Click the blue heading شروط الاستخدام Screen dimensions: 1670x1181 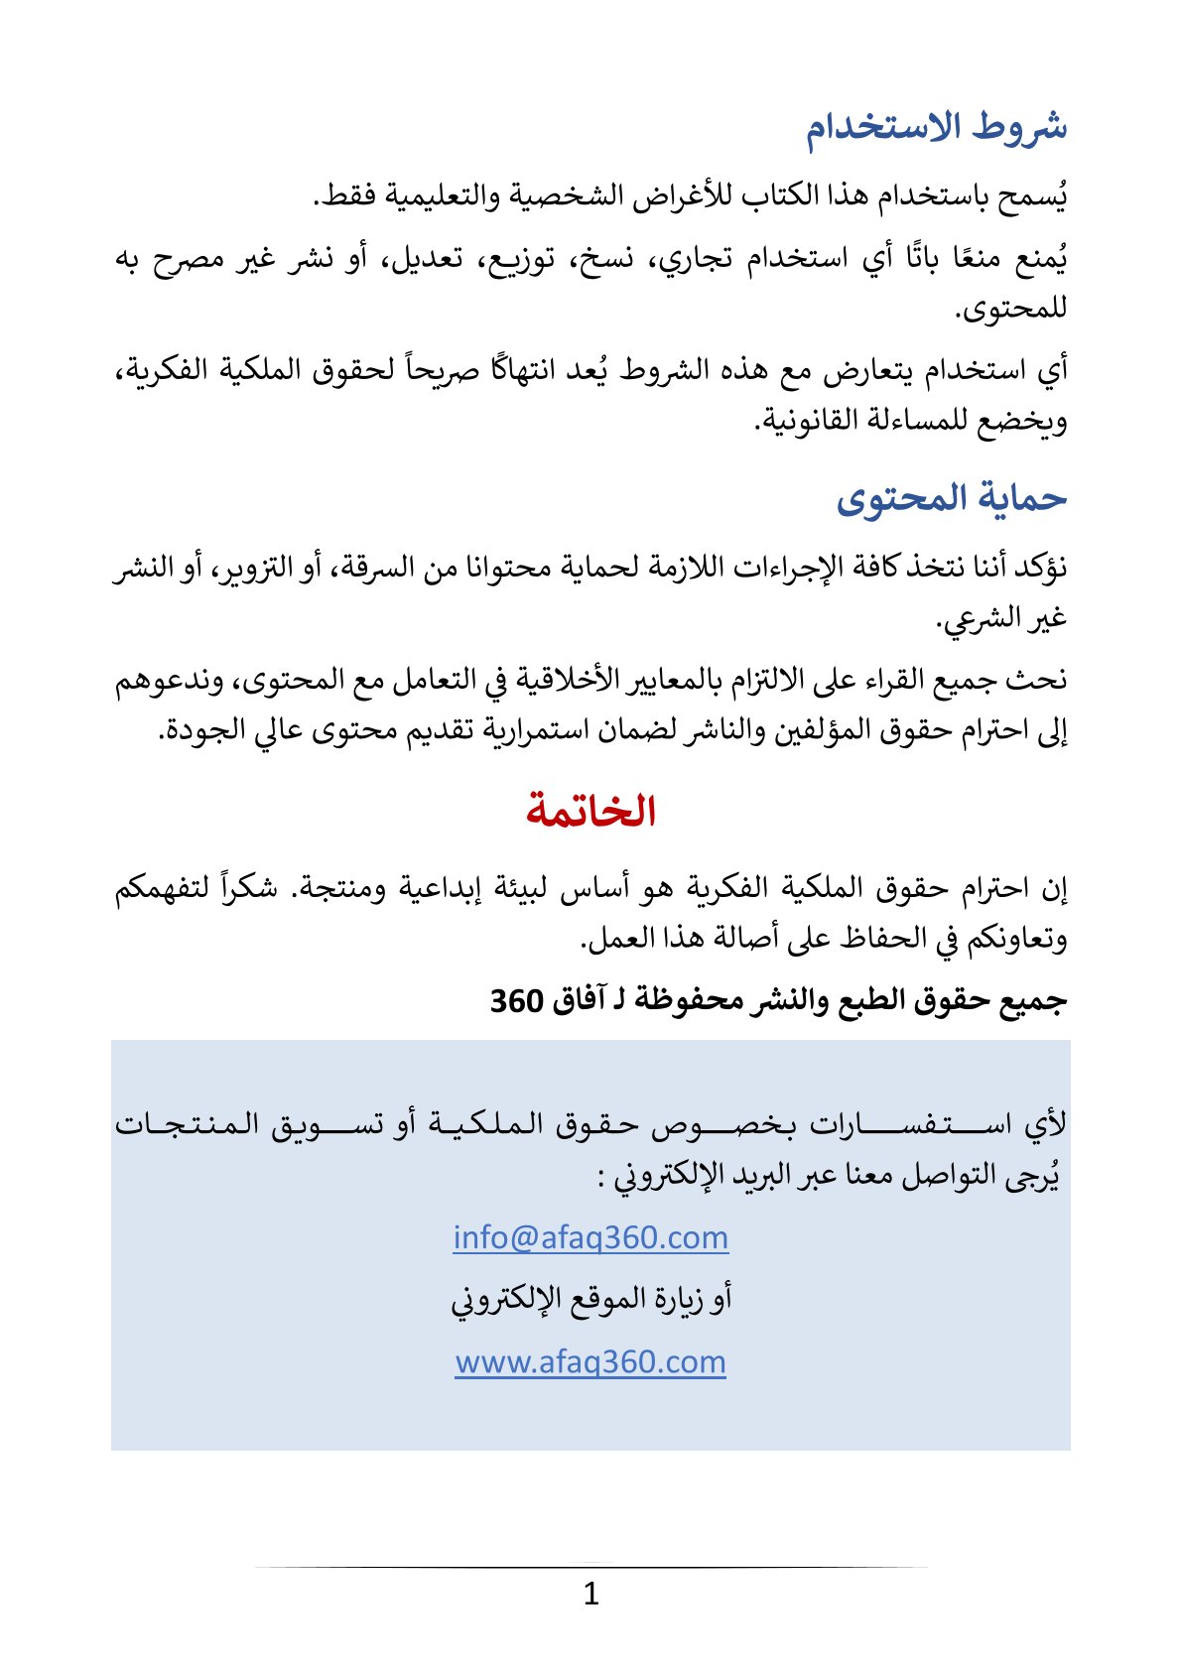click(x=936, y=127)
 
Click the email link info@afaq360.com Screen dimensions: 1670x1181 click(x=590, y=1237)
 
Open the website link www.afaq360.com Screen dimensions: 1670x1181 click(x=590, y=1361)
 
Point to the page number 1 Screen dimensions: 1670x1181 click(x=591, y=1595)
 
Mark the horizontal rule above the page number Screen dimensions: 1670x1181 click(x=590, y=1567)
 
